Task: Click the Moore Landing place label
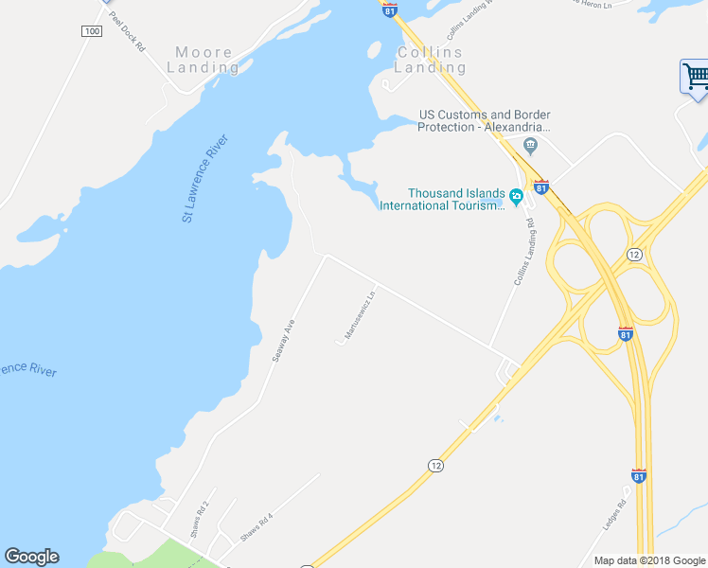click(204, 60)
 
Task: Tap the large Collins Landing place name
click(430, 60)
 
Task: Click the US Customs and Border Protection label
click(485, 121)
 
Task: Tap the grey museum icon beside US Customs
click(530, 146)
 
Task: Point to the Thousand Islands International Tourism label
click(441, 199)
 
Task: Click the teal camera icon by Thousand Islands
click(516, 197)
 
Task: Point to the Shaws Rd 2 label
click(198, 512)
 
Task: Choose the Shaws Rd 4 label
click(256, 526)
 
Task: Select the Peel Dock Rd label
click(126, 31)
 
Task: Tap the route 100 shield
click(91, 31)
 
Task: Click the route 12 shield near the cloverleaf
click(634, 255)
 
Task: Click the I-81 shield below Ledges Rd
click(639, 475)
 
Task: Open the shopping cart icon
click(696, 76)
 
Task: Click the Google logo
click(31, 557)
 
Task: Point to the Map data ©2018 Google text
click(649, 559)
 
